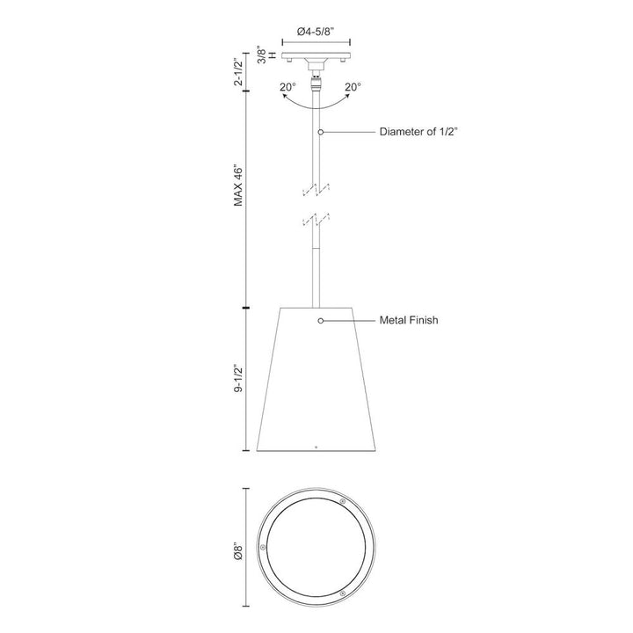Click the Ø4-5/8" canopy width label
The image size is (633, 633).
(316, 31)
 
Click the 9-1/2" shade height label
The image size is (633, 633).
(237, 377)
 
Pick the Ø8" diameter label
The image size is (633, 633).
(237, 552)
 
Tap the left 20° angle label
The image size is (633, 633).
(287, 87)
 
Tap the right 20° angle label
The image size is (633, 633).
(353, 87)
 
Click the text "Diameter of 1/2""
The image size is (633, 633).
(419, 132)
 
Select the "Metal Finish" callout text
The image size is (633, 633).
(409, 321)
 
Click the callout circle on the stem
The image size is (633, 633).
(322, 132)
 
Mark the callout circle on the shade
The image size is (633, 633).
(322, 321)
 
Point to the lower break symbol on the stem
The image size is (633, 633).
(316, 220)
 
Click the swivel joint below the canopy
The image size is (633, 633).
(316, 84)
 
